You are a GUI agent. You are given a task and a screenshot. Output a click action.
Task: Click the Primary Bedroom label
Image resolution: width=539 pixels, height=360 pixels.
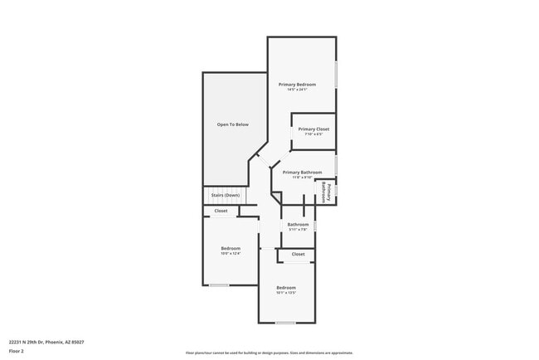pyautogui.click(x=297, y=84)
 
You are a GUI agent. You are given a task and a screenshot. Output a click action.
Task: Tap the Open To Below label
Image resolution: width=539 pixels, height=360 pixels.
pyautogui.click(x=232, y=124)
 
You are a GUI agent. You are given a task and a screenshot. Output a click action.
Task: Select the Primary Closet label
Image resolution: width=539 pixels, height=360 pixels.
pyautogui.click(x=313, y=129)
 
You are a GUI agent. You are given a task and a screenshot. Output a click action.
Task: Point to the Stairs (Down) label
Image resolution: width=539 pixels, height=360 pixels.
pyautogui.click(x=225, y=195)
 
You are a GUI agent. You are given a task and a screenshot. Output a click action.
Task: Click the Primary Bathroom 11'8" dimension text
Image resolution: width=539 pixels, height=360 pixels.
pyautogui.click(x=297, y=178)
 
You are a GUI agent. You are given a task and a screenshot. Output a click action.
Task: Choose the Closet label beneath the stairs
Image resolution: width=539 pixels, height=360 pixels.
pyautogui.click(x=221, y=211)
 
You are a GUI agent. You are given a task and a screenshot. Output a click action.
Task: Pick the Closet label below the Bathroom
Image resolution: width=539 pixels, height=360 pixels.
pyautogui.click(x=298, y=254)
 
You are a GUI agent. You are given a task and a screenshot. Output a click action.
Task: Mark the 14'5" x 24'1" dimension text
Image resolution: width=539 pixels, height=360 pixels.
pyautogui.click(x=297, y=90)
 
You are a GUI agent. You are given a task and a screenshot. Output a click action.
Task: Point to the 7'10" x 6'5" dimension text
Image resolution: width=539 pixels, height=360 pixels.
pyautogui.click(x=313, y=134)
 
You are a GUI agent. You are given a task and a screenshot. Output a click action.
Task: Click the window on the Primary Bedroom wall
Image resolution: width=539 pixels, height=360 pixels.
pyautogui.click(x=336, y=74)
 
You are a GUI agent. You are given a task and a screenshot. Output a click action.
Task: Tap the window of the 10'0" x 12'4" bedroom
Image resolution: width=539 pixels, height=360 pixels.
pyautogui.click(x=219, y=285)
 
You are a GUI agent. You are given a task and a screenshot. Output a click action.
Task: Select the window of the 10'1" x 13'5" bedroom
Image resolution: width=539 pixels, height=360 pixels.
pyautogui.click(x=285, y=323)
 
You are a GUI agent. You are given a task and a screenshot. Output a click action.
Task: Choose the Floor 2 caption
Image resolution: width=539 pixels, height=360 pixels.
pyautogui.click(x=17, y=351)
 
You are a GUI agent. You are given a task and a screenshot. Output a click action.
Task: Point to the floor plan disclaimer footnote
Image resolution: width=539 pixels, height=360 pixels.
pyautogui.click(x=269, y=353)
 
